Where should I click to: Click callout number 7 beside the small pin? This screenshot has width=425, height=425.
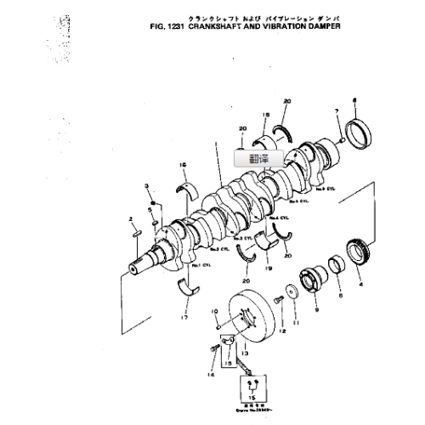[337, 112]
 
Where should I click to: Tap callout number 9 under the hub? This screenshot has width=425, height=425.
[318, 310]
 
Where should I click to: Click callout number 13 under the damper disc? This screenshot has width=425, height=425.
[244, 351]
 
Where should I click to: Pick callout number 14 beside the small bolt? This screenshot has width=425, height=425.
[211, 372]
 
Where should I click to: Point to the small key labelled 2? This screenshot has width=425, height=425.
[134, 230]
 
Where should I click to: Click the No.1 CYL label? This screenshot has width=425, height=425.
[201, 267]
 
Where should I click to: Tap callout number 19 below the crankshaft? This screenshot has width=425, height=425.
[269, 268]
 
